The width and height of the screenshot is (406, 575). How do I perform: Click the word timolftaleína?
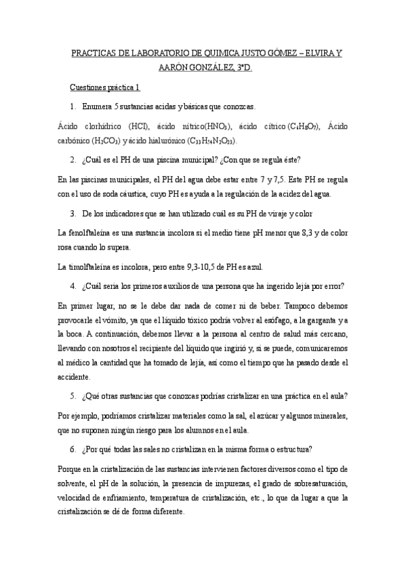93,266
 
